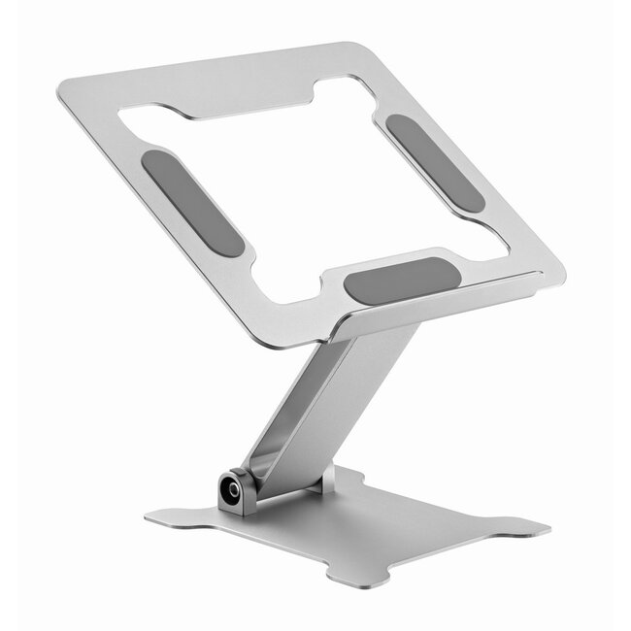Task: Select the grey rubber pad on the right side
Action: coord(434,162)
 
